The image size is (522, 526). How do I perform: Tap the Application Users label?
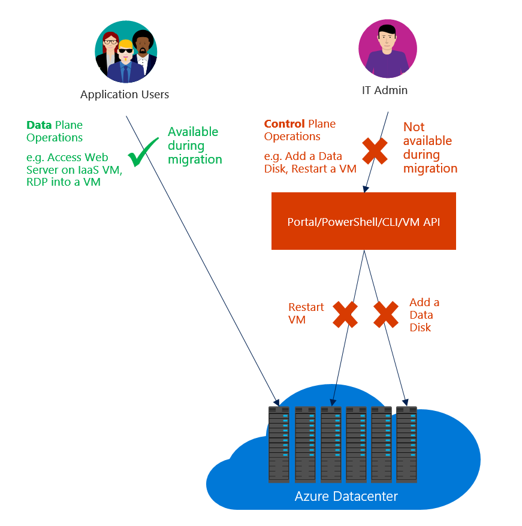coord(125,95)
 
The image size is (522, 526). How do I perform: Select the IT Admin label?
coord(385,90)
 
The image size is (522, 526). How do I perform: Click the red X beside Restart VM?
coord(345,315)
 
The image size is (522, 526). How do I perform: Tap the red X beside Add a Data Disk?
coord(387,315)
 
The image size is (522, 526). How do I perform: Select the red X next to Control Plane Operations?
coord(375,150)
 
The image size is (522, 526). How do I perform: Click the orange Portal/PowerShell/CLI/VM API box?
coord(363,221)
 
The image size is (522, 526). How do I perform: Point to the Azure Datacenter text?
coord(346,497)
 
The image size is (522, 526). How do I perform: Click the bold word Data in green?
coord(39,125)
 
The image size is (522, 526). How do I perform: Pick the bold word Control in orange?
coord(284,124)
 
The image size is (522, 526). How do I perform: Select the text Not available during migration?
coord(430,147)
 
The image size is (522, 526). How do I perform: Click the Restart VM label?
coord(306,313)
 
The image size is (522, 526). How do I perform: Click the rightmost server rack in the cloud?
coord(406,444)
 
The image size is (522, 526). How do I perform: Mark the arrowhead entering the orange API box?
coord(366,189)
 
